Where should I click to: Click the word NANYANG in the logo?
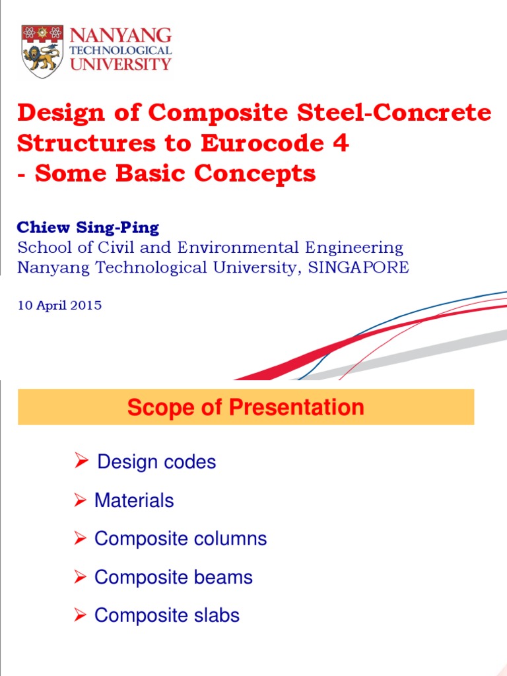[x=121, y=35]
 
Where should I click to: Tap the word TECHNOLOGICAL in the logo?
[x=121, y=50]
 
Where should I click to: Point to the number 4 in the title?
[x=340, y=143]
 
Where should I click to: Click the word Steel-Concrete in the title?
[x=389, y=113]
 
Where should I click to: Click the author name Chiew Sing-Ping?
[x=88, y=228]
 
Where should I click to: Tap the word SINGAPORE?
[x=354, y=267]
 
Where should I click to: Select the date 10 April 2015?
[x=59, y=306]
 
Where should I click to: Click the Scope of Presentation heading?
[x=246, y=407]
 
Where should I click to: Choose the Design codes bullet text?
[x=156, y=462]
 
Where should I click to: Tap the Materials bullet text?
[x=134, y=500]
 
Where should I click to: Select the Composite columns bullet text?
[x=180, y=539]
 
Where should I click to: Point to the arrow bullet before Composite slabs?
[x=80, y=615]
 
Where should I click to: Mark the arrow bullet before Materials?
[x=80, y=500]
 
